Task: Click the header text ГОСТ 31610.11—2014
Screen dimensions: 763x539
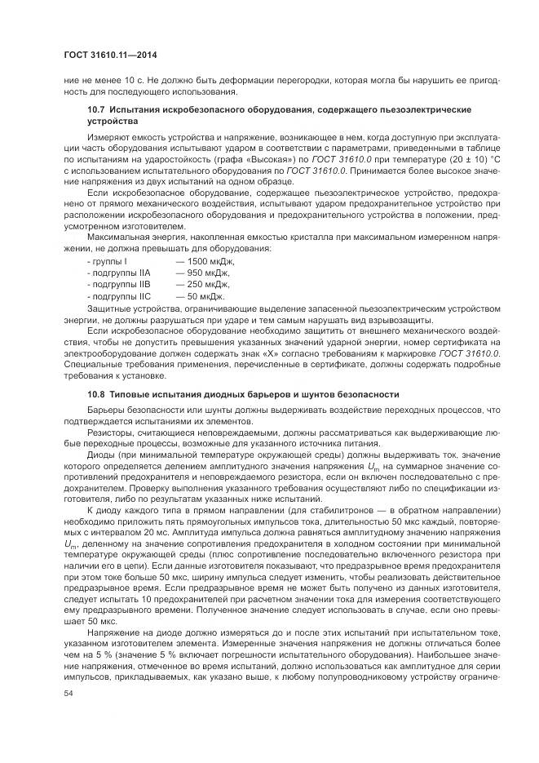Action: click(109, 55)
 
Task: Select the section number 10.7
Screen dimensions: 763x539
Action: click(96, 109)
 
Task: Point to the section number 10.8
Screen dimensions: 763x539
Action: click(96, 394)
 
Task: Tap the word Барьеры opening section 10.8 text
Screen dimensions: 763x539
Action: click(106, 410)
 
